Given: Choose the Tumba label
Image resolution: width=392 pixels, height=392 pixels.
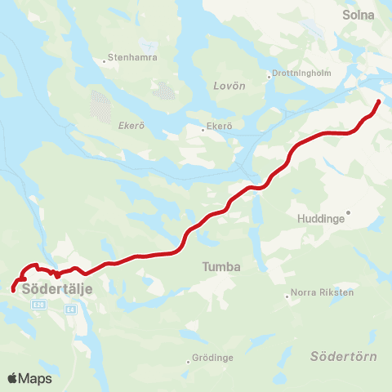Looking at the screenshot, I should (217, 267).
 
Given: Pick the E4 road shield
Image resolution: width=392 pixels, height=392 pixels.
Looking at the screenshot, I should (71, 310).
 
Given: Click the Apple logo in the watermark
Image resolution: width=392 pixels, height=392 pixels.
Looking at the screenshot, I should (13, 378).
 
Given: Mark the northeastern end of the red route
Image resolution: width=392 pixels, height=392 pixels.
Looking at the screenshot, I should (378, 101).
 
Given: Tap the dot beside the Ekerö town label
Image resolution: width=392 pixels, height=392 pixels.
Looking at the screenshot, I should (203, 127).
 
